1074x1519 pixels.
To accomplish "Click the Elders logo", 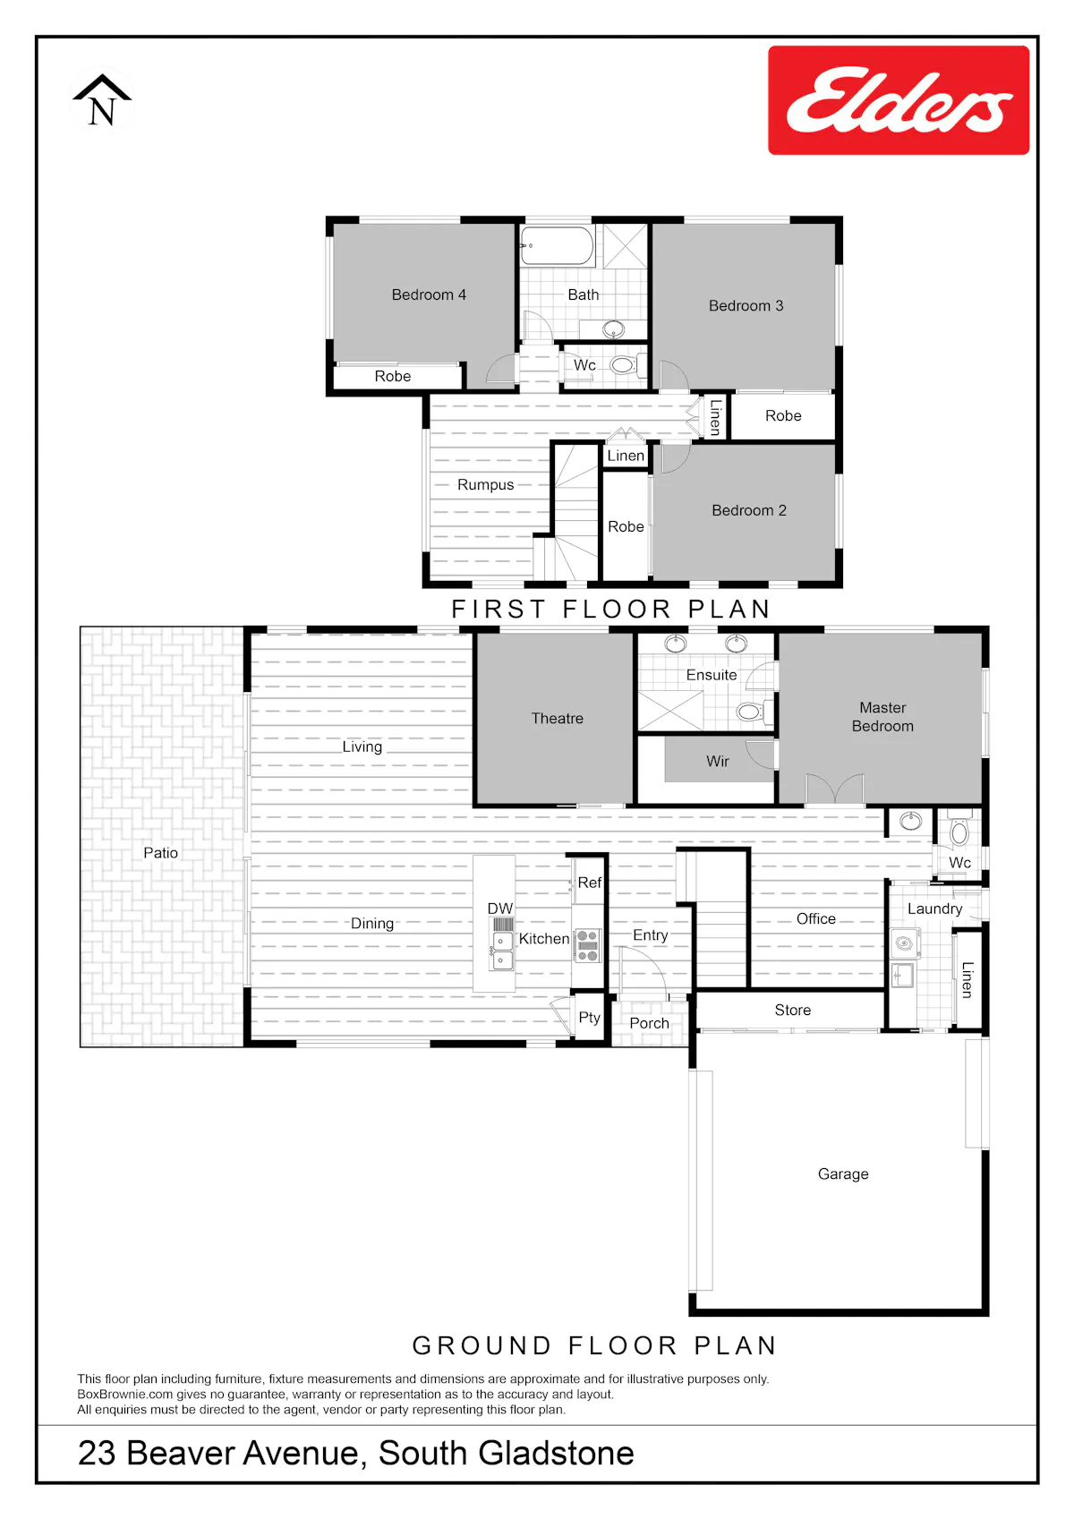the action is (899, 100).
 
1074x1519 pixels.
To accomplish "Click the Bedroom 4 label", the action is (429, 295).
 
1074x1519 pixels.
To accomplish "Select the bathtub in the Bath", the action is (557, 245).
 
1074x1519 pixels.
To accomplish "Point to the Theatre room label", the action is (557, 718).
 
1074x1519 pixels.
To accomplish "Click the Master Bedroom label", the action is (882, 717).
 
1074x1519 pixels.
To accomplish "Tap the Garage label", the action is (843, 1173).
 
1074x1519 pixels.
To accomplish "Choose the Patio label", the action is (161, 853).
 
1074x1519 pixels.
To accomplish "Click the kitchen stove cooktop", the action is (587, 945).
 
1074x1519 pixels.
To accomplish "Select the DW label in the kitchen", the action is (500, 909).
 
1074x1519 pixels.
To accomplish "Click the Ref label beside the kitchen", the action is (589, 883).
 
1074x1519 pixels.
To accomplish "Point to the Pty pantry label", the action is (589, 1017).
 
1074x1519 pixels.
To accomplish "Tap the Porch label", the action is (649, 1023).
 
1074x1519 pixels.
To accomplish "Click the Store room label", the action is (793, 1010).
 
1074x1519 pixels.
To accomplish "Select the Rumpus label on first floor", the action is (485, 485).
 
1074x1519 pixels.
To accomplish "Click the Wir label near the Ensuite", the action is (718, 762).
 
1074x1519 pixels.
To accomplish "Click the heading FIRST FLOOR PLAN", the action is (611, 609).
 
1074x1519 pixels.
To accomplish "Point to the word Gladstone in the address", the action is (555, 1453).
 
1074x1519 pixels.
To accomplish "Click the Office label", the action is (815, 919).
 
